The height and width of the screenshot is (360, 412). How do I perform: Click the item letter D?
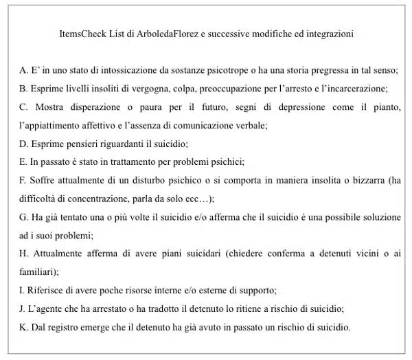(x=23, y=144)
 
